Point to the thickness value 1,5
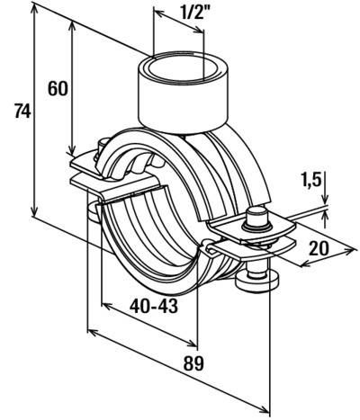pyautogui.click(x=311, y=181)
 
